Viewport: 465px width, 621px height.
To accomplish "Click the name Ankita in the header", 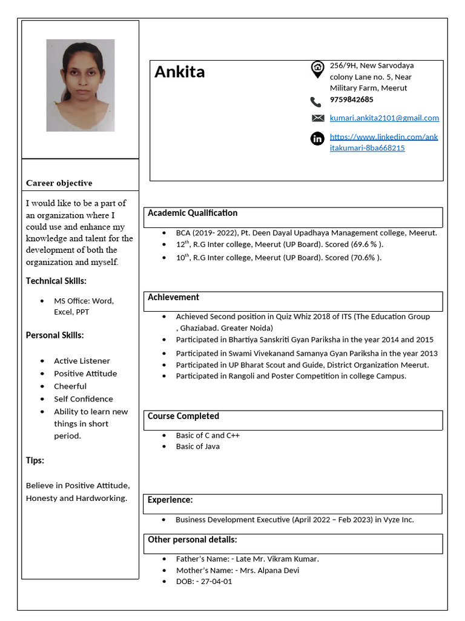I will click(179, 72).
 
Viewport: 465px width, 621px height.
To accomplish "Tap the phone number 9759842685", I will click(351, 99).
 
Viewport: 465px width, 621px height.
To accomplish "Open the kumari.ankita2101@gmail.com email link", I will click(384, 118).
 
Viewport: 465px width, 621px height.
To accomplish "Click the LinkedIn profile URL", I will click(383, 142).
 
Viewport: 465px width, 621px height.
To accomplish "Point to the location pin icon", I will click(317, 70).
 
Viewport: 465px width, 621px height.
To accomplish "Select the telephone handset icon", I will click(316, 102).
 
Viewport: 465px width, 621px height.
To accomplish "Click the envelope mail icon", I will click(317, 118).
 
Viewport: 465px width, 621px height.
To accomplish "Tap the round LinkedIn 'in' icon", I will click(317, 139).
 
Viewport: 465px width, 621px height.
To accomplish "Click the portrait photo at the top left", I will click(81, 86).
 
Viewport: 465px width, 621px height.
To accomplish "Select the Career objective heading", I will click(59, 183).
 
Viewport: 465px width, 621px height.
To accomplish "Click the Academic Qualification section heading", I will click(193, 213).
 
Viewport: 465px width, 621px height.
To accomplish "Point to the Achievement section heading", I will click(173, 297).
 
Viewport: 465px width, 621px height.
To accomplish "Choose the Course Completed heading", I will click(183, 416).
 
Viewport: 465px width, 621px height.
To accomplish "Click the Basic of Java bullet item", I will click(198, 446).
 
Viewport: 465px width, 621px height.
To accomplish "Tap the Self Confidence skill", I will click(84, 399).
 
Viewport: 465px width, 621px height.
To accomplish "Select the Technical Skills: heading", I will click(56, 281).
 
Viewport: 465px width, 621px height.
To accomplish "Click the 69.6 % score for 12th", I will click(365, 244).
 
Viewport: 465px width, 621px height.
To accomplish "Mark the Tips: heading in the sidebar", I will click(35, 460).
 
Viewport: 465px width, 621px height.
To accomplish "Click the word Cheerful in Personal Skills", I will click(70, 386).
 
